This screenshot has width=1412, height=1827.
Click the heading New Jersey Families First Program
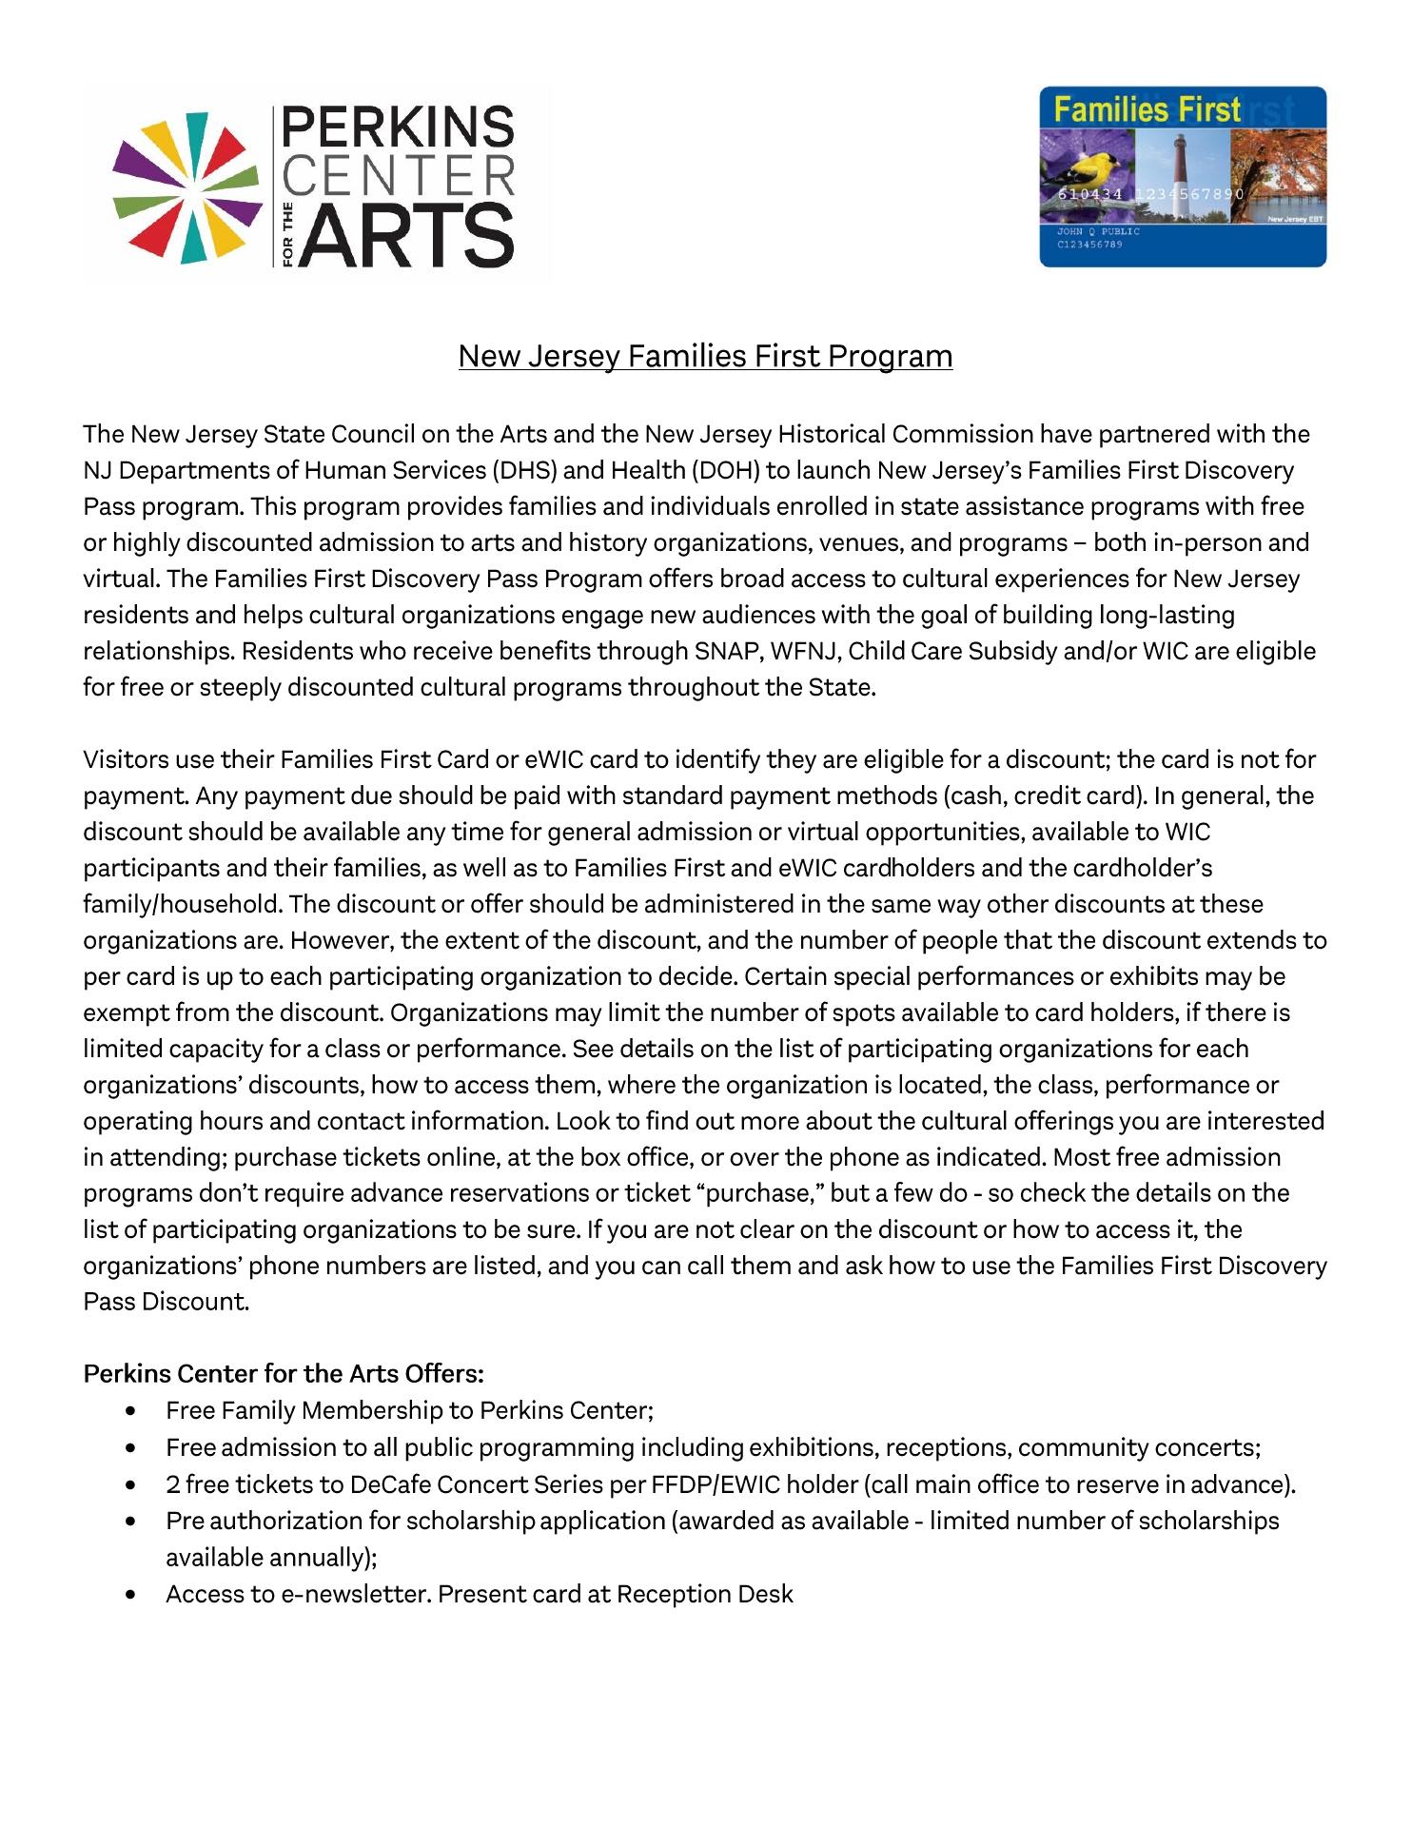click(x=705, y=356)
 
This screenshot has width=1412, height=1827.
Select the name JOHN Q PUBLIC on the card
click(x=1098, y=231)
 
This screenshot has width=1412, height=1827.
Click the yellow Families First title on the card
click(x=1147, y=110)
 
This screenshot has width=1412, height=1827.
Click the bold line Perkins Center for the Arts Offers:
click(x=284, y=1374)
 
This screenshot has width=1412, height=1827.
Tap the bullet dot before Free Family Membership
click(x=129, y=1410)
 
